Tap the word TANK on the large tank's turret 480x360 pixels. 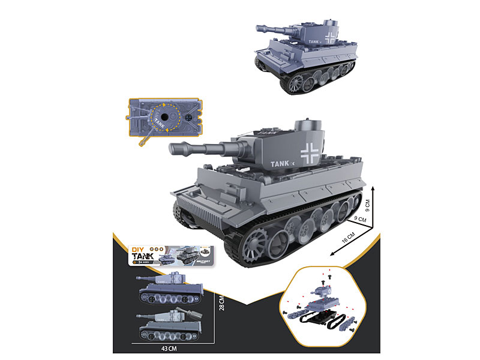(280, 162)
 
